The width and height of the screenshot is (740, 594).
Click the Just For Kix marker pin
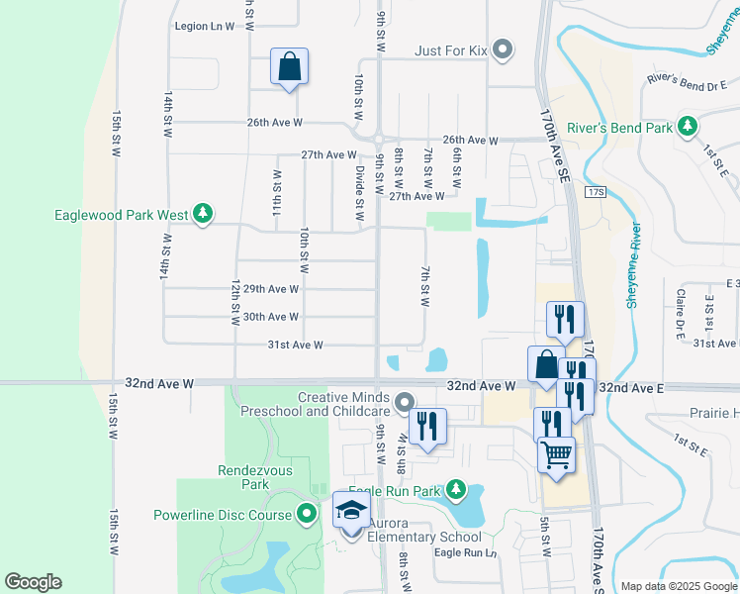coord(503,49)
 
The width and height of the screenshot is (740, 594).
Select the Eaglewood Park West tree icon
coord(202,214)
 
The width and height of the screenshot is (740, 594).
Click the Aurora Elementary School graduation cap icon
coord(351,510)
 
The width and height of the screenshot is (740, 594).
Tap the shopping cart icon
coord(557,455)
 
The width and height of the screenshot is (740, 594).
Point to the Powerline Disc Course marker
coord(307,515)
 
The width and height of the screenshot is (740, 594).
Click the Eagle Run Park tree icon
coord(455,489)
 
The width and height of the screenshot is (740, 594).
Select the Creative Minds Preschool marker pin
coord(404,402)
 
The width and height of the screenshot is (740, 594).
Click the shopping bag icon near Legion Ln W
coord(289,67)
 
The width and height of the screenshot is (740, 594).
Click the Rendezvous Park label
coord(241,478)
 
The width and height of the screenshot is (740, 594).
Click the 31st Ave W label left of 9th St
coord(298,345)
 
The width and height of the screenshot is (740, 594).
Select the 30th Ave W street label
coord(271,317)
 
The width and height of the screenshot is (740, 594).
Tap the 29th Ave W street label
coord(271,289)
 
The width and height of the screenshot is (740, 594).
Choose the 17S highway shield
coord(594,190)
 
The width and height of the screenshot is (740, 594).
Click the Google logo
coord(33,582)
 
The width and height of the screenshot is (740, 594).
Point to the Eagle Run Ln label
coord(465,552)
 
